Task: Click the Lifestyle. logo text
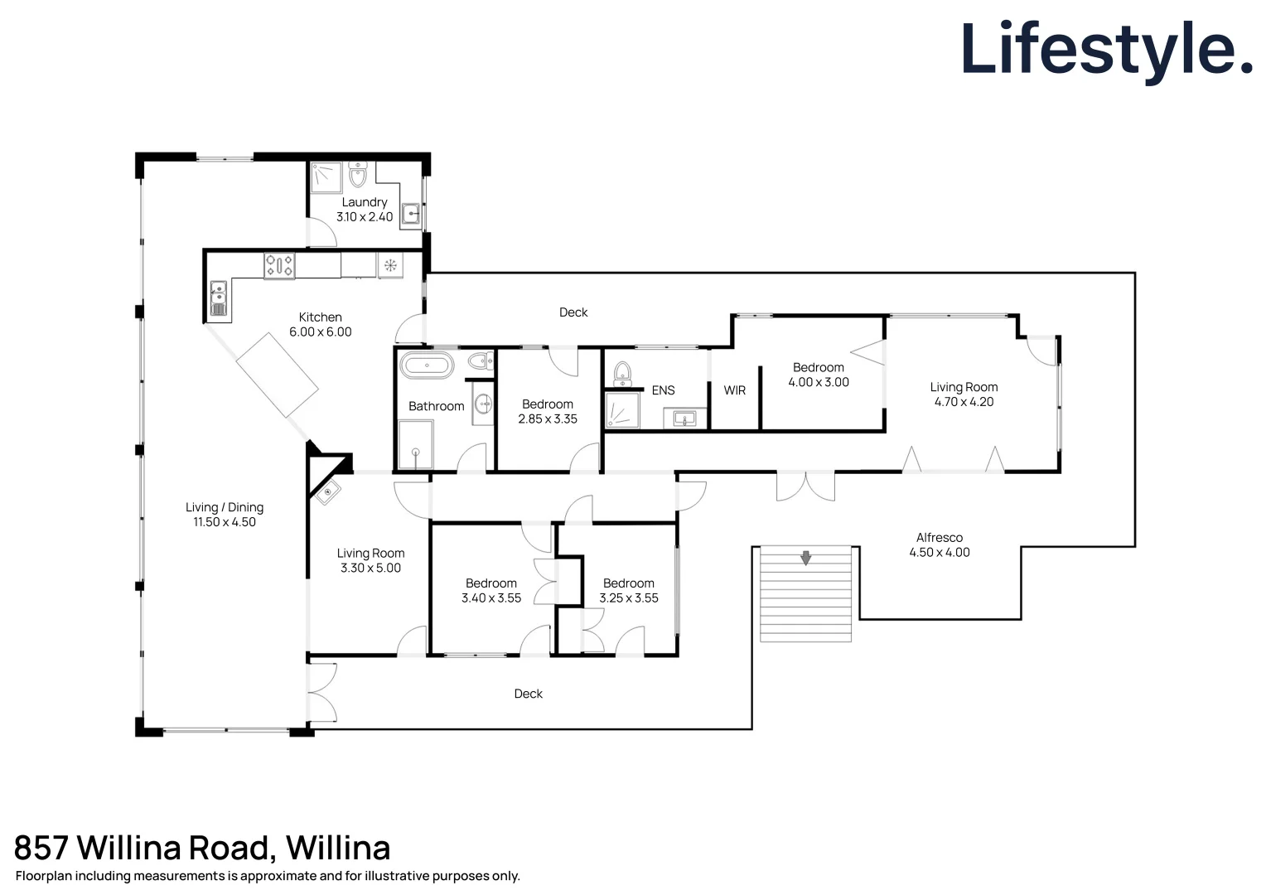click(x=1106, y=50)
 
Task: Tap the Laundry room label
click(x=365, y=202)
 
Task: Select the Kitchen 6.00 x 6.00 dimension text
click(x=320, y=332)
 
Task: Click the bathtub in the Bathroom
click(x=427, y=365)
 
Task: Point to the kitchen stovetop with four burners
click(x=279, y=265)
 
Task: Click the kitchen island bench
click(x=277, y=375)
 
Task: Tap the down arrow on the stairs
click(x=805, y=558)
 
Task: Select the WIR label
click(x=735, y=390)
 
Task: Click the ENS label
click(x=663, y=390)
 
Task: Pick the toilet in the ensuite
click(x=623, y=375)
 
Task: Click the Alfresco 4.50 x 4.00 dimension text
click(x=939, y=553)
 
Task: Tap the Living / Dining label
click(x=225, y=507)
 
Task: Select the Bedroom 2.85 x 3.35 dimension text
click(x=548, y=419)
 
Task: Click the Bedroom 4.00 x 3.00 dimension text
click(x=819, y=382)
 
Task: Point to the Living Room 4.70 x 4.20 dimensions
click(x=964, y=402)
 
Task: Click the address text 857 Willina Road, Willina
click(x=202, y=848)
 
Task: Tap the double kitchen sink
click(x=219, y=299)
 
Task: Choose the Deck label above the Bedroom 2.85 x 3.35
click(x=573, y=312)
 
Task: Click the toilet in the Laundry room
click(x=358, y=175)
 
